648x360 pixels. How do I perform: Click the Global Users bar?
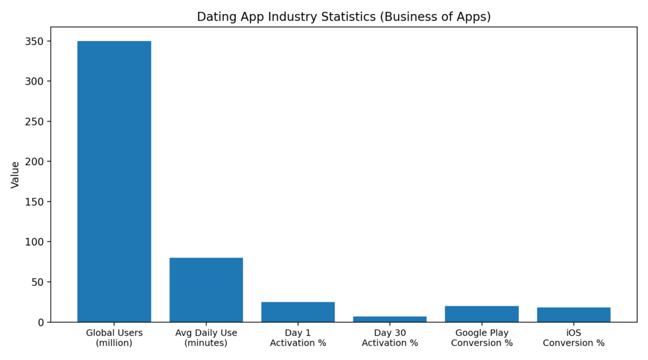click(x=114, y=182)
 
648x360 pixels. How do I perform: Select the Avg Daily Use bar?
click(x=206, y=290)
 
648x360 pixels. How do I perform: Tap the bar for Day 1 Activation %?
click(x=298, y=312)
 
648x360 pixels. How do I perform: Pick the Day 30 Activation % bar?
click(x=390, y=319)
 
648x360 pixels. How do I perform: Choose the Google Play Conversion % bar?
click(x=482, y=314)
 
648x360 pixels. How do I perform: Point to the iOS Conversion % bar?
click(x=573, y=314)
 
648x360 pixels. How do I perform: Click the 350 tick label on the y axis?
click(x=34, y=41)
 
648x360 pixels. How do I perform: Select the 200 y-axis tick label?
click(x=34, y=161)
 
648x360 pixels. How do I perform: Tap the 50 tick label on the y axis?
click(x=37, y=282)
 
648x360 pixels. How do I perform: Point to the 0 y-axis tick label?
click(x=40, y=323)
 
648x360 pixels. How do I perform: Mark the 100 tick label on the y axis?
click(x=34, y=242)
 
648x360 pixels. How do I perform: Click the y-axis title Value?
click(x=15, y=175)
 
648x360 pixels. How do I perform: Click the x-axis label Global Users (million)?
click(x=114, y=338)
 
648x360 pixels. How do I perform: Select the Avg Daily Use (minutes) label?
click(x=206, y=338)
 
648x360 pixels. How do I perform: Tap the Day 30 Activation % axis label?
click(x=390, y=338)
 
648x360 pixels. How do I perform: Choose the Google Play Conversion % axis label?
click(x=482, y=338)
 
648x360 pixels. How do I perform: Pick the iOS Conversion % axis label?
click(x=573, y=338)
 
